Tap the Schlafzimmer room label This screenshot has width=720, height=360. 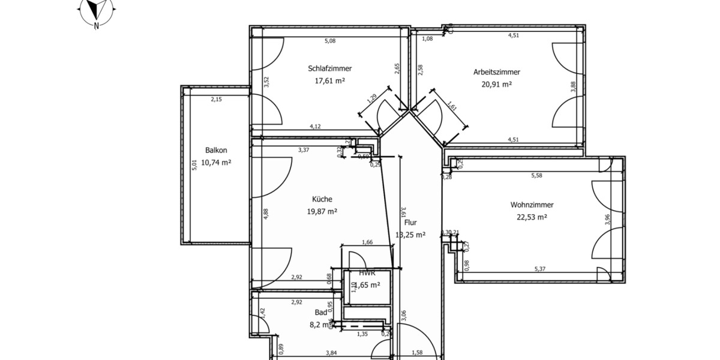pyautogui.click(x=329, y=68)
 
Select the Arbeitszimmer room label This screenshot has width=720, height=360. pyautogui.click(x=496, y=72)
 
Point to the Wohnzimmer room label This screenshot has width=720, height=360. pyautogui.click(x=532, y=205)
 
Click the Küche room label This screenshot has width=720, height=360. pyautogui.click(x=322, y=199)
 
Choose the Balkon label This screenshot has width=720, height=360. pyautogui.click(x=216, y=151)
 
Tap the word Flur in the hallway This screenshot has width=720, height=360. pyautogui.click(x=411, y=223)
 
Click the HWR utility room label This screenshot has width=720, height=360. pyautogui.click(x=367, y=272)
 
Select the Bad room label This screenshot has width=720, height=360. pyautogui.click(x=321, y=312)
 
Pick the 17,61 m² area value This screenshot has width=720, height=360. pyautogui.click(x=329, y=81)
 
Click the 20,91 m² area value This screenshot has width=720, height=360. pyautogui.click(x=496, y=85)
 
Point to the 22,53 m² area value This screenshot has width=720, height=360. pyautogui.click(x=532, y=218)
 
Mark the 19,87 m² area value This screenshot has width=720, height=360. pyautogui.click(x=322, y=211)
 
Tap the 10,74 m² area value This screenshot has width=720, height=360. pyautogui.click(x=216, y=163)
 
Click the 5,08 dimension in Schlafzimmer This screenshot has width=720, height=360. pyautogui.click(x=330, y=41)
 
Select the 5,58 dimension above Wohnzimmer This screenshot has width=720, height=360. pyautogui.click(x=536, y=176)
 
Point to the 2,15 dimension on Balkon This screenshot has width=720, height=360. pyautogui.click(x=216, y=100)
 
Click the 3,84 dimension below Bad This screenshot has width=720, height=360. pyautogui.click(x=331, y=353)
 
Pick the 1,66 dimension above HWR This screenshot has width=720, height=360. pyautogui.click(x=367, y=242)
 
